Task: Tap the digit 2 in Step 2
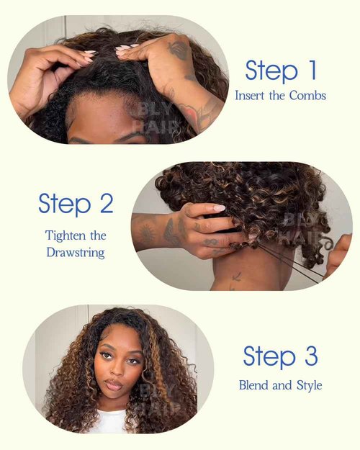pos(105,203)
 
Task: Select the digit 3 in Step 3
pos(310,356)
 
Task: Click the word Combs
pos(310,94)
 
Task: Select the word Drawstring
pos(76,253)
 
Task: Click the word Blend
pos(256,385)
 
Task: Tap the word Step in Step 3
pos(269,356)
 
